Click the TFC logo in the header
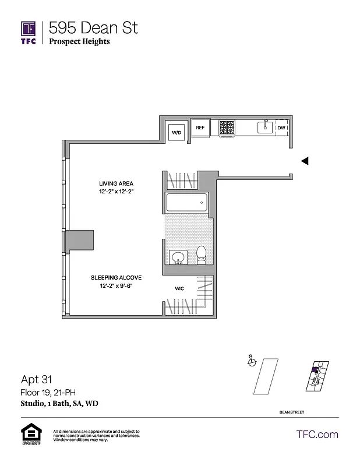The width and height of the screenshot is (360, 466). pyautogui.click(x=29, y=32)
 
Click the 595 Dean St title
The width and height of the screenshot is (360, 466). pyautogui.click(x=93, y=27)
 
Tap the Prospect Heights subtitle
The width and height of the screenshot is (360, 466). pyautogui.click(x=79, y=41)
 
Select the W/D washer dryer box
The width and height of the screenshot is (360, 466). pyautogui.click(x=176, y=133)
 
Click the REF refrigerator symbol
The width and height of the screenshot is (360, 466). pyautogui.click(x=200, y=128)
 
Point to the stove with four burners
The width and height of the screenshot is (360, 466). pyautogui.click(x=227, y=128)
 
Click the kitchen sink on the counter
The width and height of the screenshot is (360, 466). pyautogui.click(x=266, y=127)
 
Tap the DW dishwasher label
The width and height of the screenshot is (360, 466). pyautogui.click(x=281, y=128)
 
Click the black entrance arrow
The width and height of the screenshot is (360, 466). pyautogui.click(x=304, y=161)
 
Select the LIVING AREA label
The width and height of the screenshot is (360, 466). pyautogui.click(x=116, y=183)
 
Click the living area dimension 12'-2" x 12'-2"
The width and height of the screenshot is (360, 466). pyautogui.click(x=116, y=192)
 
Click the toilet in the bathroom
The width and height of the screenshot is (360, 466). pyautogui.click(x=202, y=255)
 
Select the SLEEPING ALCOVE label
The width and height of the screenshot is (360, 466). pyautogui.click(x=116, y=278)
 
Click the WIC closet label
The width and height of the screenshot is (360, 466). pyautogui.click(x=180, y=288)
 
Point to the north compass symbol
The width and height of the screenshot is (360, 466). pyautogui.click(x=252, y=362)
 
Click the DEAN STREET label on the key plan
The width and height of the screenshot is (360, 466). pyautogui.click(x=291, y=412)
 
